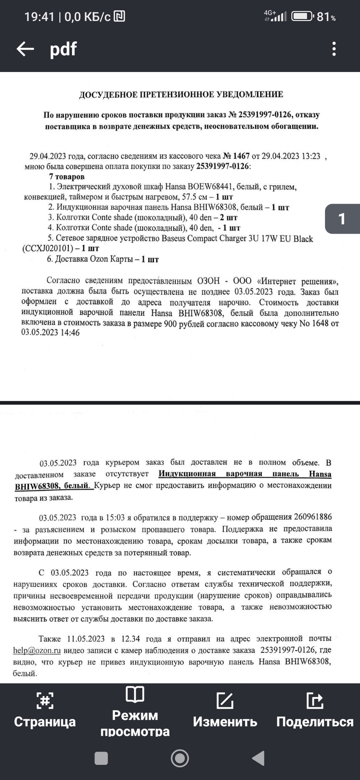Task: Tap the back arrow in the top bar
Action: tap(25, 49)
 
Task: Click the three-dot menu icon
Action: tap(334, 49)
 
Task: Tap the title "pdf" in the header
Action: tap(63, 49)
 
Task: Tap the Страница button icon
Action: tap(45, 700)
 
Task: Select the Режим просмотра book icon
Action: tap(135, 695)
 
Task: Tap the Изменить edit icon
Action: tap(225, 700)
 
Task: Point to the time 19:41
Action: tap(39, 17)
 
